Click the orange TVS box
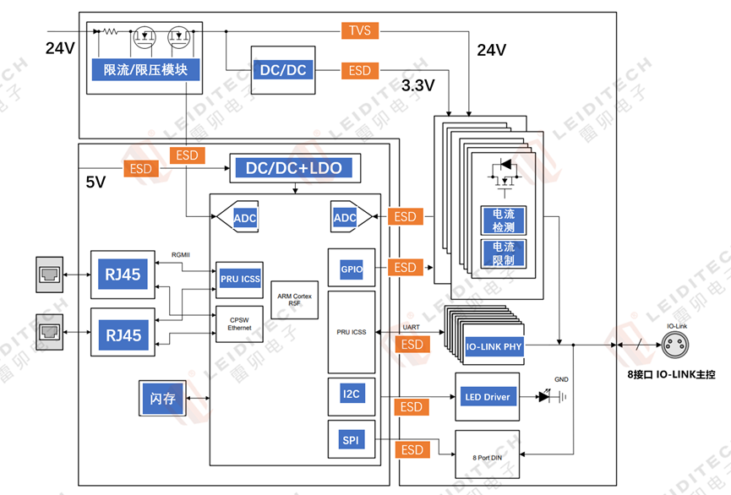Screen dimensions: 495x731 coord(359,31)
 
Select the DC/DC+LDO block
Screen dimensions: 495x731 coord(294,168)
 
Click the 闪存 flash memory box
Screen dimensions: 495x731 coord(162,398)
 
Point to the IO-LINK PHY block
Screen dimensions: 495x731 coord(494,347)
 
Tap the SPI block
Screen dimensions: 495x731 coord(351,440)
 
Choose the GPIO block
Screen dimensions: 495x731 coord(351,269)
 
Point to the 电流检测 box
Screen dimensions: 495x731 coord(503,220)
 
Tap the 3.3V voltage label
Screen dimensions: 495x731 coord(417,86)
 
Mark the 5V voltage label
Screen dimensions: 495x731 coord(95,182)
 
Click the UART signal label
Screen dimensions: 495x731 coord(411,326)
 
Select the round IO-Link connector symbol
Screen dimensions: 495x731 coord(675,344)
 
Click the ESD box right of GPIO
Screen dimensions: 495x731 coord(406,268)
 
